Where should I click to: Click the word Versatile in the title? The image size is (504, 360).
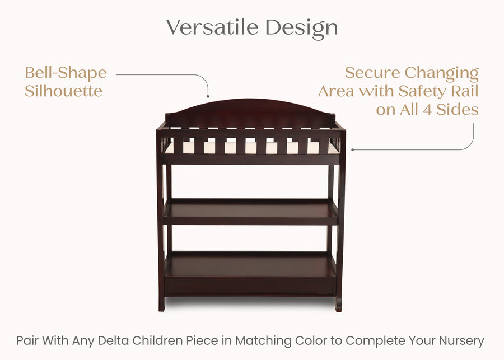(213, 27)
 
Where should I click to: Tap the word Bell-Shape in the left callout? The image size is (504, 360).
(66, 73)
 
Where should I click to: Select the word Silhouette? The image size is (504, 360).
(63, 91)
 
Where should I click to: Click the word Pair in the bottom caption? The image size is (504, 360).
(27, 340)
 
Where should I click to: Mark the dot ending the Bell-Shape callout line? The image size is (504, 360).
(208, 96)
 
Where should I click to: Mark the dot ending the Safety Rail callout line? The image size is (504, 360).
(352, 149)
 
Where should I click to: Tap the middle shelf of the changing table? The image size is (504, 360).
(251, 212)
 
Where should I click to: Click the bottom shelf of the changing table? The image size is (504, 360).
(251, 264)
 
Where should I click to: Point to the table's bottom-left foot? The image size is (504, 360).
(161, 306)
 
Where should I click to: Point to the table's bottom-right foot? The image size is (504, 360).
(338, 306)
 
